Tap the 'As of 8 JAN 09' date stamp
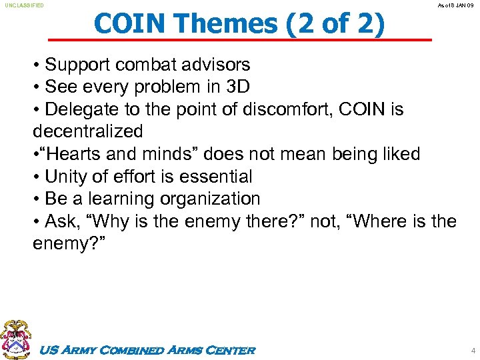(x=455, y=5)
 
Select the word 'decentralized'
(x=87, y=131)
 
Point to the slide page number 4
(x=473, y=350)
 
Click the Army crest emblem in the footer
(x=15, y=339)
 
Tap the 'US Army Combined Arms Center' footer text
(x=148, y=351)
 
